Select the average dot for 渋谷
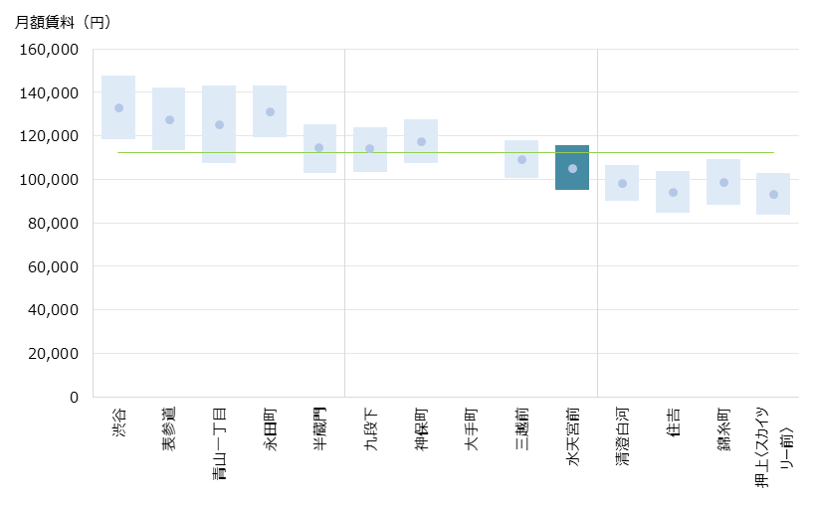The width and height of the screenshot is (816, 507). click(118, 108)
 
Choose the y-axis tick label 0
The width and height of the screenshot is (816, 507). click(73, 398)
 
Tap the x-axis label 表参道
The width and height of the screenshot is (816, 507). click(169, 429)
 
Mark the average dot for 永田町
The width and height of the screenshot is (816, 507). click(270, 112)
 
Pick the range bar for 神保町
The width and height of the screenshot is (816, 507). click(421, 154)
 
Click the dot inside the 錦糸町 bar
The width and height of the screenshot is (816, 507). click(723, 183)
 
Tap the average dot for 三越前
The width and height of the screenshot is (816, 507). click(521, 159)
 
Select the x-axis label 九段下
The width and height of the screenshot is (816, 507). click(370, 429)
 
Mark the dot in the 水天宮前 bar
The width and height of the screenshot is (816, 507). click(572, 169)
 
